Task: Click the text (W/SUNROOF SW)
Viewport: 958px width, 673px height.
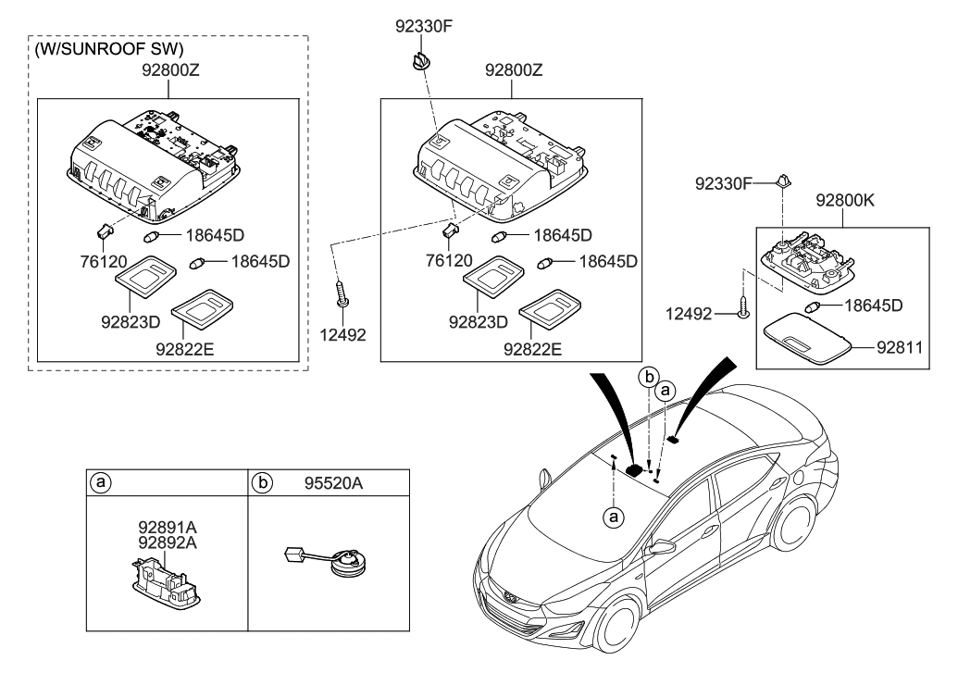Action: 109,48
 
